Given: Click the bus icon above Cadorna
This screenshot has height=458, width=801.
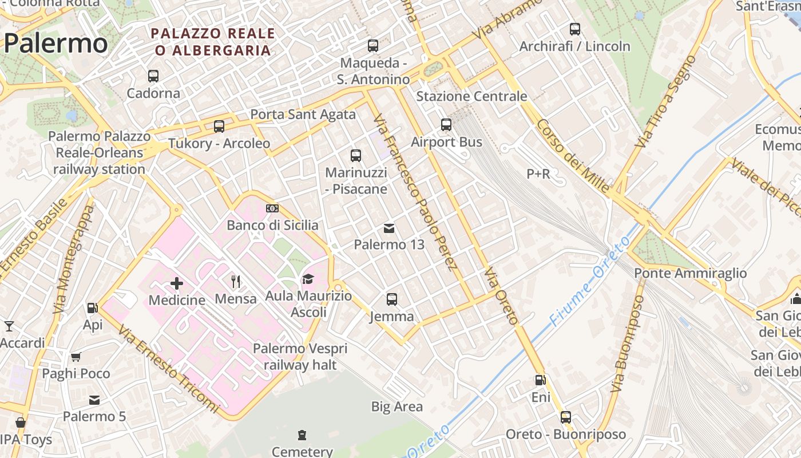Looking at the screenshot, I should (x=153, y=76).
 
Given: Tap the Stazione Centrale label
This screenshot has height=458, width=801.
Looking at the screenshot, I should (x=471, y=96).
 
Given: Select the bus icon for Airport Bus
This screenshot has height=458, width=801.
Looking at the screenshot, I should (x=446, y=124).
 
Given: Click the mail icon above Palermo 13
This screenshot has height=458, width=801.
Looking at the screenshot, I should (x=389, y=228).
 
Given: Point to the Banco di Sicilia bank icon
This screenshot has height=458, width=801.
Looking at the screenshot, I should (x=272, y=208).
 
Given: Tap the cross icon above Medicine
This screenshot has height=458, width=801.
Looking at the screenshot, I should (x=177, y=283).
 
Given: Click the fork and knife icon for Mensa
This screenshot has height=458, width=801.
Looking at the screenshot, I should (x=235, y=281).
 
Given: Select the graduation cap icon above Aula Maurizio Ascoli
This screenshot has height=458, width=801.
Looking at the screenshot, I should (x=308, y=279).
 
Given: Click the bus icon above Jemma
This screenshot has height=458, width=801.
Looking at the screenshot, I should (x=392, y=299).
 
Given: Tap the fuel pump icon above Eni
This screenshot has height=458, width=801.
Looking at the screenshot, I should (x=540, y=380).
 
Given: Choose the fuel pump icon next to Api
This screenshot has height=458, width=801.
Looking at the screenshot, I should (x=92, y=308).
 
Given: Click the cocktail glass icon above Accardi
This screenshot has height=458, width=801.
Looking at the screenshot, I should (x=9, y=326).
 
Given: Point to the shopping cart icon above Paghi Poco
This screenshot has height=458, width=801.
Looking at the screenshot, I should (x=76, y=357).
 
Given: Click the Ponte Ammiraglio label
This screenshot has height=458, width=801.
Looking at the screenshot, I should (x=690, y=274).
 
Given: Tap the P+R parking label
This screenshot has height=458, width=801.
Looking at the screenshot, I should (x=538, y=173).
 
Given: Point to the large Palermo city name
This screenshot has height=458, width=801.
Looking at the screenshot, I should (x=55, y=44).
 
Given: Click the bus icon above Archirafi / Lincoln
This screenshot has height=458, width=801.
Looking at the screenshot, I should (x=575, y=29).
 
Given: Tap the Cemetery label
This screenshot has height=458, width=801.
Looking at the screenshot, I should (x=302, y=452).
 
